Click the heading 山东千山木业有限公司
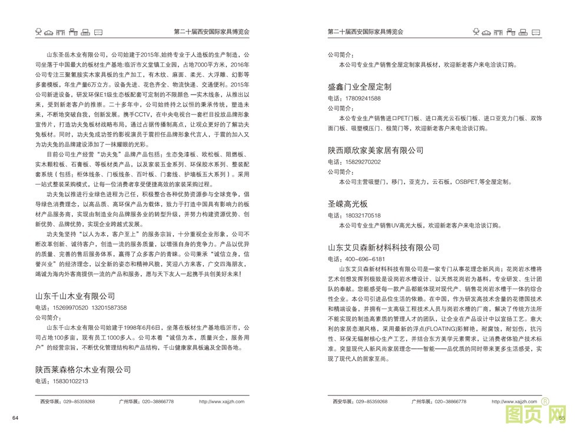click(75, 296)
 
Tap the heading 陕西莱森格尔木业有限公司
click(82, 369)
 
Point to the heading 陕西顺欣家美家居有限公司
click(375, 150)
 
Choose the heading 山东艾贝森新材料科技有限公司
click(383, 247)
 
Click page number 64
click(15, 418)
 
